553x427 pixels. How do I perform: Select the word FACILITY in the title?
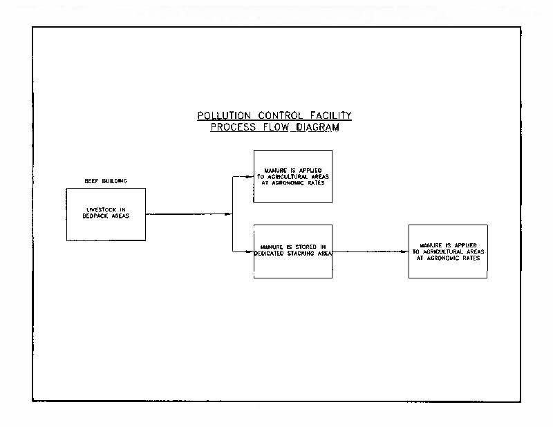click(331, 115)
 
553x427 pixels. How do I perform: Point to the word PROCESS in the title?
click(233, 127)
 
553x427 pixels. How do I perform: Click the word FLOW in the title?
click(276, 127)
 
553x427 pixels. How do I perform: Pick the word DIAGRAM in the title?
click(318, 127)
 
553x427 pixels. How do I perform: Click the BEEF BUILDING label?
click(106, 181)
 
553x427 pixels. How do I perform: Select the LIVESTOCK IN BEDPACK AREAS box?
click(106, 214)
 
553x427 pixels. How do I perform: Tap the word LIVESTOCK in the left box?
click(101, 209)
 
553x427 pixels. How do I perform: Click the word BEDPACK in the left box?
click(95, 216)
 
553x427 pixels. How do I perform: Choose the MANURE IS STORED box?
click(292, 252)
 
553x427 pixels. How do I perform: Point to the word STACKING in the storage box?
click(301, 254)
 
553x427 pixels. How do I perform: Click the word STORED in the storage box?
click(306, 247)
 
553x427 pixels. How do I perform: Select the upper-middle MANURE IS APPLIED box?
click(292, 176)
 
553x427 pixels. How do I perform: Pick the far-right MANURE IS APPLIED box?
click(448, 252)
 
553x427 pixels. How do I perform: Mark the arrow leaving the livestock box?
click(189, 214)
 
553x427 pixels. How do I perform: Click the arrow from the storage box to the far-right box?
click(371, 252)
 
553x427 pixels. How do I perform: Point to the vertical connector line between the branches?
click(232, 214)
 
